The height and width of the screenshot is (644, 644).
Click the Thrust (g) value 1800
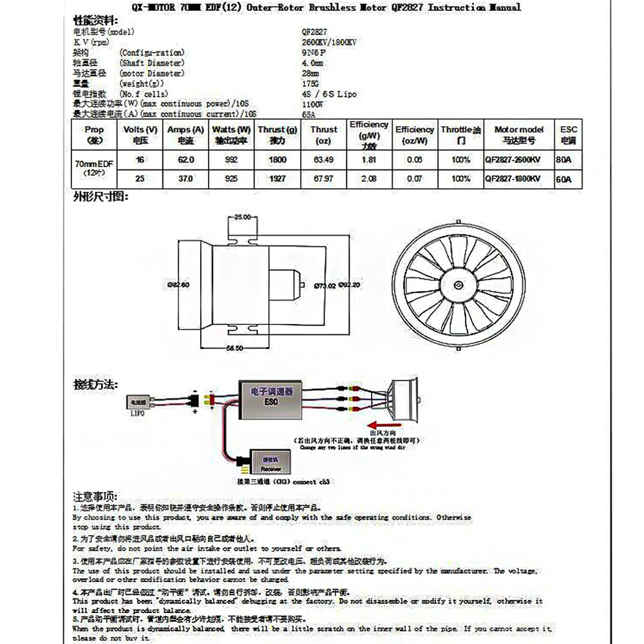pyautogui.click(x=277, y=159)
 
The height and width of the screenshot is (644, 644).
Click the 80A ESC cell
pyautogui.click(x=563, y=160)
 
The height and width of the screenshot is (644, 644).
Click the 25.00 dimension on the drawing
pyautogui.click(x=242, y=217)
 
